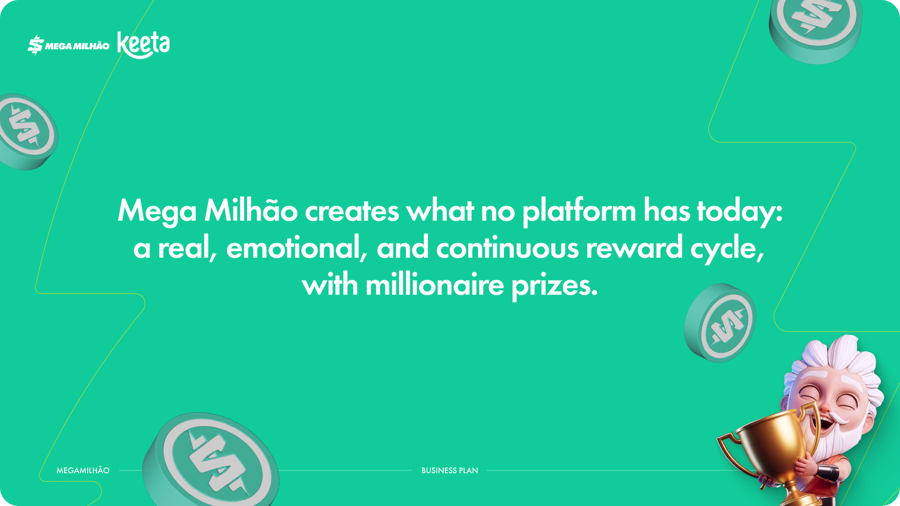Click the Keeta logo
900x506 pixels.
(143, 45)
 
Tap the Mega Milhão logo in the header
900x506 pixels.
(68, 45)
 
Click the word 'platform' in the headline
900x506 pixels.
(579, 211)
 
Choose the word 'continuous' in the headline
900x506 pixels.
(507, 248)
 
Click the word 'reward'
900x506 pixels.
(634, 248)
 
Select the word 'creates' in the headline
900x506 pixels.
(352, 211)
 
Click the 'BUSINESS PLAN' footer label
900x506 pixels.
(450, 470)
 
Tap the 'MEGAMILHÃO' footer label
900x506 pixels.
(83, 470)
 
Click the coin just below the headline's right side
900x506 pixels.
(720, 322)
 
